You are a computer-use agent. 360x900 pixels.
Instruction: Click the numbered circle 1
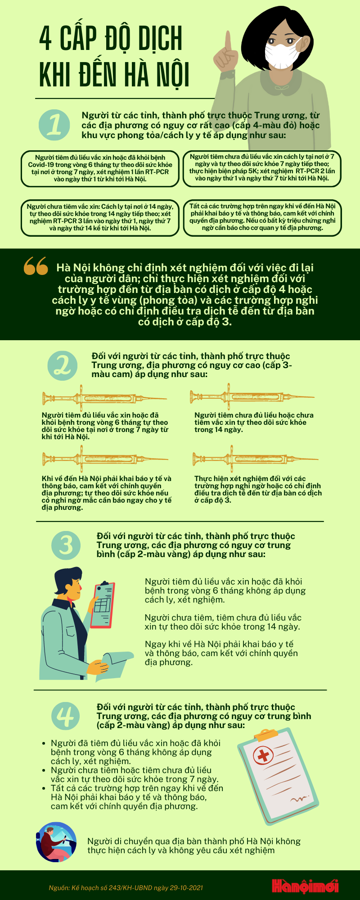[x=54, y=124]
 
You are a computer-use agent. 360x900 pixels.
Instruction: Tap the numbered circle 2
[x=63, y=365]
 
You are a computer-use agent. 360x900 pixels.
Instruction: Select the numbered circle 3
[x=66, y=545]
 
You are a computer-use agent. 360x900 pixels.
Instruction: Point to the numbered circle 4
[x=66, y=716]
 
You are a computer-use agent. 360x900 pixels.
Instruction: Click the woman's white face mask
[x=283, y=53]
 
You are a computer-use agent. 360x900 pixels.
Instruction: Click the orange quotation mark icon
[x=36, y=266]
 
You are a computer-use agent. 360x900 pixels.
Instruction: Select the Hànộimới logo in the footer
[x=305, y=886]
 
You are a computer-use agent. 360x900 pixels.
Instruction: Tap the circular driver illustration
[x=56, y=842]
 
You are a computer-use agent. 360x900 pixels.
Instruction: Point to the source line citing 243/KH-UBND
[x=126, y=888]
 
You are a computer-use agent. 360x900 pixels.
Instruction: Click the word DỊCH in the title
[x=160, y=38]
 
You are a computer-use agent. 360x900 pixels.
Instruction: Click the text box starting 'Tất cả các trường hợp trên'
[x=262, y=218]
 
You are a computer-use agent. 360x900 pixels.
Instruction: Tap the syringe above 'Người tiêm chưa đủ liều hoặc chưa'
[x=252, y=397]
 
